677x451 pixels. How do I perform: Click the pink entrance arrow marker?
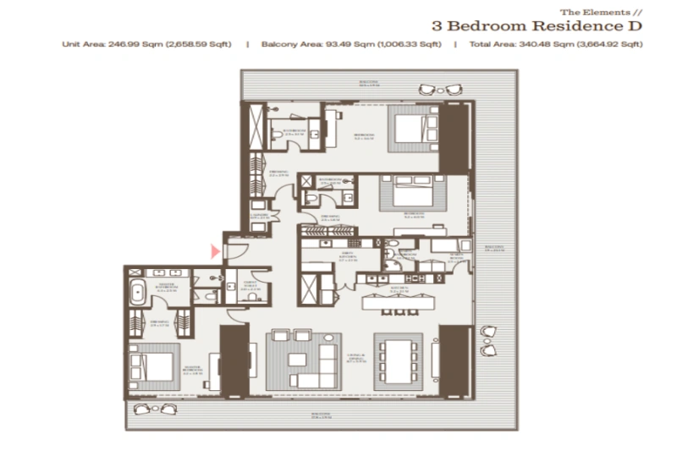[x=216, y=250]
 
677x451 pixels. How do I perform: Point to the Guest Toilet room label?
[x=250, y=284]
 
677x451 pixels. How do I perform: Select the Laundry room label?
[x=260, y=217]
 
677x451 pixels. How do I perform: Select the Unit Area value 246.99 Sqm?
[x=146, y=43]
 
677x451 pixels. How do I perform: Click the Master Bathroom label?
[x=167, y=287]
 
